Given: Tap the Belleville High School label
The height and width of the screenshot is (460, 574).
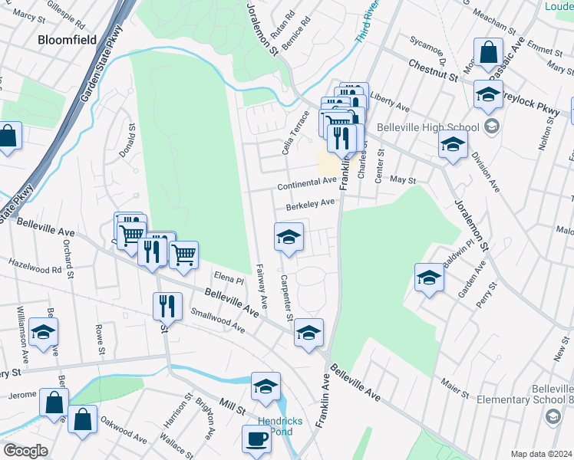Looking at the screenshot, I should [x=427, y=128].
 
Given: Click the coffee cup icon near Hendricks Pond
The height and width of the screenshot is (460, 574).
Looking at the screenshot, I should [x=257, y=439].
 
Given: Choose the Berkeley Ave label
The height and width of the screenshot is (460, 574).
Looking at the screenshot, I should [x=311, y=205].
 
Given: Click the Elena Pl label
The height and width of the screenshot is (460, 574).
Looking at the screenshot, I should [x=228, y=280].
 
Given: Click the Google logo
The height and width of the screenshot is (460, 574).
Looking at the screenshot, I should [x=25, y=451].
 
